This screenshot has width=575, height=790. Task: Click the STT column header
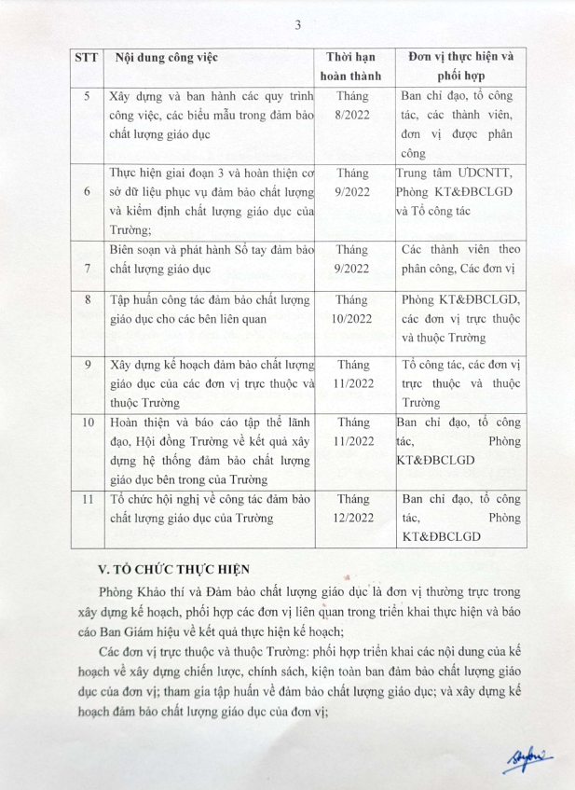tap(87, 58)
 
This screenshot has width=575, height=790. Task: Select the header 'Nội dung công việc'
tap(166, 58)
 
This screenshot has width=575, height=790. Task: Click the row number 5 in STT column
tap(87, 96)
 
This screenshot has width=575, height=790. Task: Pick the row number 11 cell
tap(87, 500)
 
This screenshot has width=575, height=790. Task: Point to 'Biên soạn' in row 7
tap(138, 250)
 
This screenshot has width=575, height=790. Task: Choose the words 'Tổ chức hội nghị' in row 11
tap(159, 500)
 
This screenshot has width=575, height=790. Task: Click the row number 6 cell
tap(87, 191)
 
